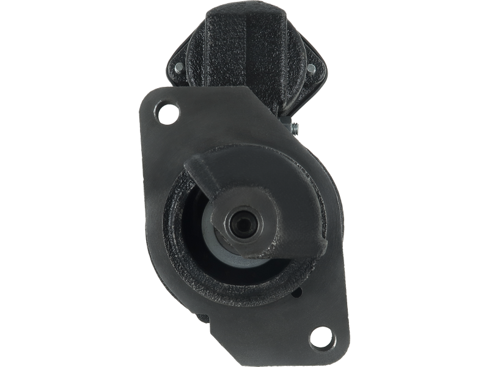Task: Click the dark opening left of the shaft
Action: pos(194,220)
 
